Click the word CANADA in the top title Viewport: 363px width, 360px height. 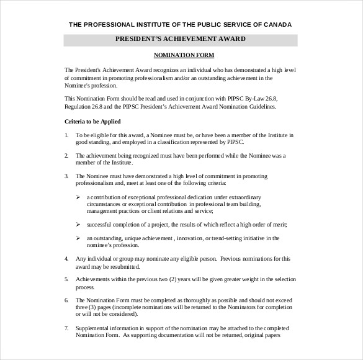(x=275, y=25)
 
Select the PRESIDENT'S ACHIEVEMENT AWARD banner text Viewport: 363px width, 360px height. (x=181, y=39)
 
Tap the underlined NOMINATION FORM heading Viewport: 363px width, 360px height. (x=181, y=55)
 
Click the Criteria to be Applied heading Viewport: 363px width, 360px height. (x=92, y=121)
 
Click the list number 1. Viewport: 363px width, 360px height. (x=66, y=135)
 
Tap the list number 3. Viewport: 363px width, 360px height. (x=66, y=176)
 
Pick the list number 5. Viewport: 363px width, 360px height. (x=66, y=279)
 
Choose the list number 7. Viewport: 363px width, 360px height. (x=66, y=328)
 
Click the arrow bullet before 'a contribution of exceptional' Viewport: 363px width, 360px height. (x=78, y=197)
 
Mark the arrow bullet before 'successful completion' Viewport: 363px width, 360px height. (x=78, y=224)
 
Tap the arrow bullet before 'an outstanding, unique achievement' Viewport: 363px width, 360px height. (x=78, y=238)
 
